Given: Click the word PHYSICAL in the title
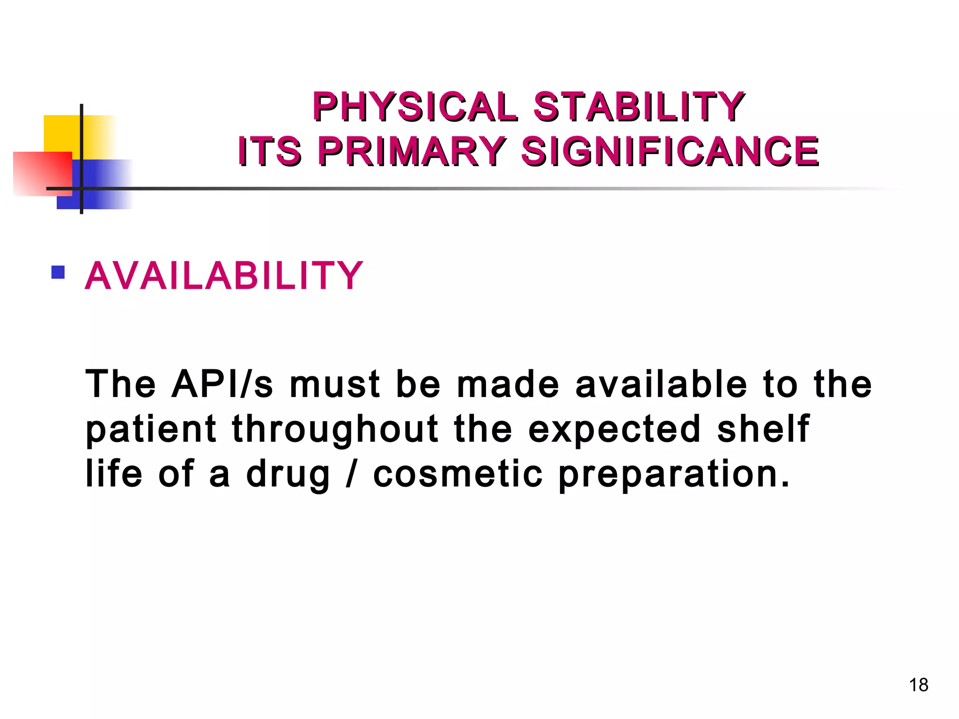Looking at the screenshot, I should coord(415,107).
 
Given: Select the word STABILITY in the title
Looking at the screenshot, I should coord(638,107).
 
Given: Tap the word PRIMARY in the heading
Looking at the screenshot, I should coord(412,151).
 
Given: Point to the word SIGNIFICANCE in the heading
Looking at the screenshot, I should coord(670,151).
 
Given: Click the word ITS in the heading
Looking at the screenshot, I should coord(269,151).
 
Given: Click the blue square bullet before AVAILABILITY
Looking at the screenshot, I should coord(58,272).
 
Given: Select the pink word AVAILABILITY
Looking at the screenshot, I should coord(224,276).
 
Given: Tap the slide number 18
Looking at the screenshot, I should coord(918,685).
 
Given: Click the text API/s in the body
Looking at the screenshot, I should coord(222,384).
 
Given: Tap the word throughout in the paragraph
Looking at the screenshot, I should coord(335,429).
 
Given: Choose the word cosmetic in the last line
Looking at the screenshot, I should coord(458,474).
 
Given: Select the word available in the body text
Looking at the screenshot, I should coord(661,384).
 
